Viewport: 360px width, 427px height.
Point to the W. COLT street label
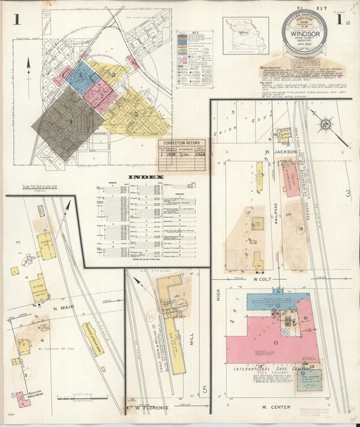point(261,278)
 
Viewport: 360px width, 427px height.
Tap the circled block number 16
point(277,134)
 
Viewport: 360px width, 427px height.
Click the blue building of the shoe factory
point(267,301)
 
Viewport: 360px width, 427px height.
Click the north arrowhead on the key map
point(28,61)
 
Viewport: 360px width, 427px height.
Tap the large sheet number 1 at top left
point(16,20)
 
